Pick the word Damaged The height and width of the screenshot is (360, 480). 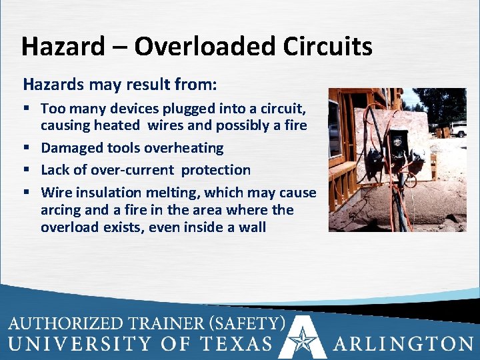point(70,148)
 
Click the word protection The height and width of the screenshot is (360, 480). point(216,171)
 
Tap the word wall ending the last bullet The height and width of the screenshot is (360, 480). point(251,227)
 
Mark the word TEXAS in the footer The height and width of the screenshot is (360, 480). point(237,344)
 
